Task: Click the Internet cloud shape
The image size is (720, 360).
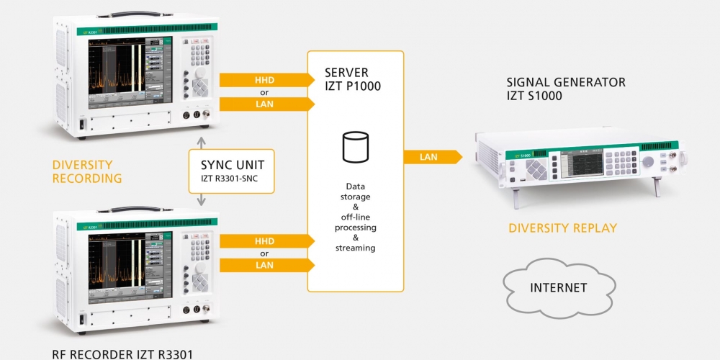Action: tap(558, 288)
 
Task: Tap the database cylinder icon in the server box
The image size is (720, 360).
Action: tap(353, 147)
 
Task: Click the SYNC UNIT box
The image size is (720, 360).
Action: tap(232, 171)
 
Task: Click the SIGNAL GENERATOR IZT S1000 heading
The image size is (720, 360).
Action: tap(566, 89)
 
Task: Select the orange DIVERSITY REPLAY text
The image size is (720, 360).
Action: tap(562, 228)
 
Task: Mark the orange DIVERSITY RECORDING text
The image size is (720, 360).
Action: tap(87, 171)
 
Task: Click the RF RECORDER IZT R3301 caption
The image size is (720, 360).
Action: tap(122, 354)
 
